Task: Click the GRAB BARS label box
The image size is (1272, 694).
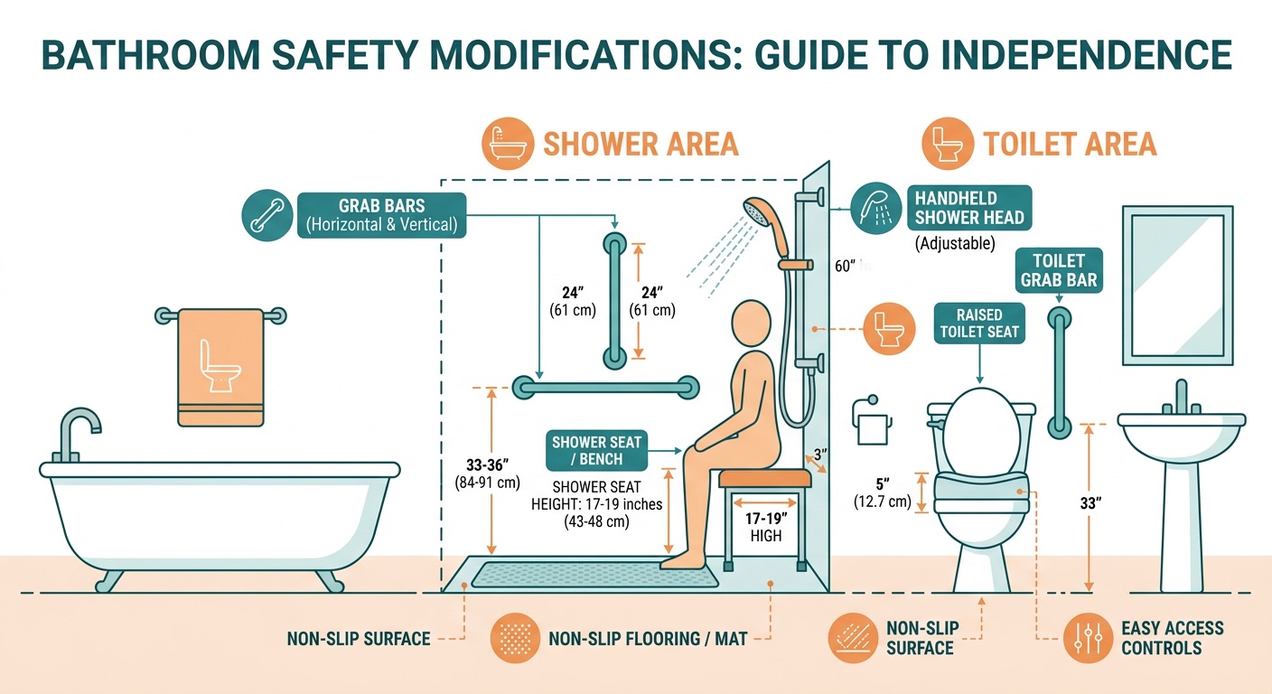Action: (381, 215)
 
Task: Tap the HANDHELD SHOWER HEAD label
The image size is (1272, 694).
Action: (968, 208)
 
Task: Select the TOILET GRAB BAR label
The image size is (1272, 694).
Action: (1059, 270)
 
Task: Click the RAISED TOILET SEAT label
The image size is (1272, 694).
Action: (979, 323)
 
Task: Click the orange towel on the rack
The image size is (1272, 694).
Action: (221, 367)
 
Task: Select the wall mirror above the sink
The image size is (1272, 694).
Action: (1177, 285)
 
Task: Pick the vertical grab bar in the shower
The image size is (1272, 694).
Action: (614, 300)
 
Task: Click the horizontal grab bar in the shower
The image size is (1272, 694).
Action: (605, 389)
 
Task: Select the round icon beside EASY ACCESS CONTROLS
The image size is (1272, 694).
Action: (1087, 639)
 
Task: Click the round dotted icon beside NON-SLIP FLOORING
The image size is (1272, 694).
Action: (515, 639)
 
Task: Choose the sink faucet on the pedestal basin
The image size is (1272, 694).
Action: (1180, 398)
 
